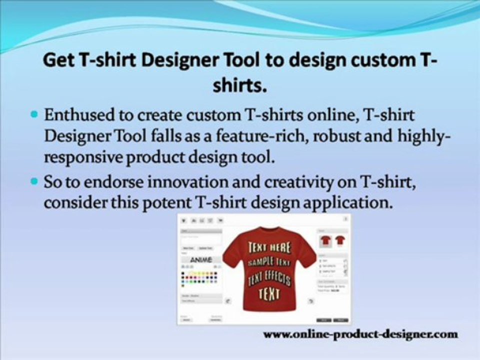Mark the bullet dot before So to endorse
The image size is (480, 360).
[34, 181]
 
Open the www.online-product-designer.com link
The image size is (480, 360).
[360, 333]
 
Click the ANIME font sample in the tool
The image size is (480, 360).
[200, 260]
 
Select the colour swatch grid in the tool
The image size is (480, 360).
[199, 278]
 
